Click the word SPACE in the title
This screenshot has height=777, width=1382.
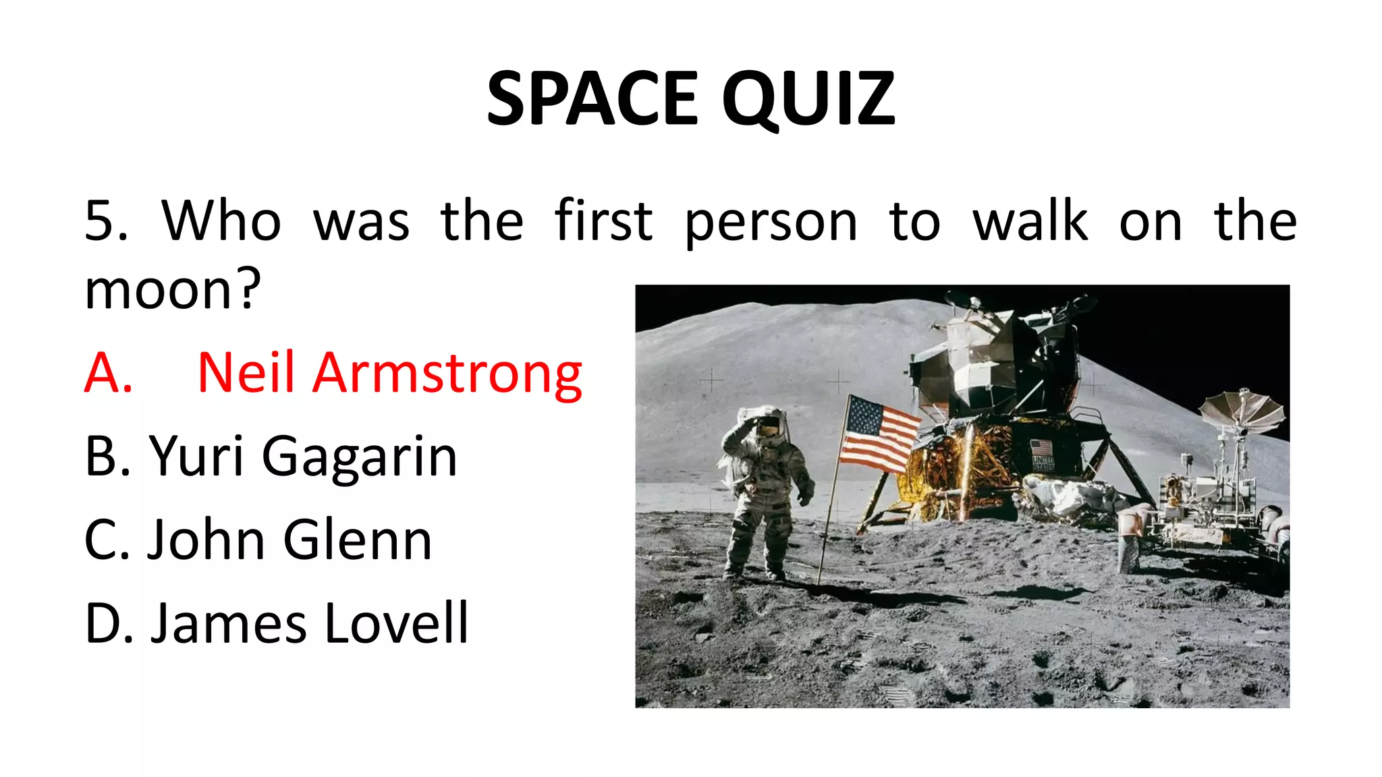(x=591, y=99)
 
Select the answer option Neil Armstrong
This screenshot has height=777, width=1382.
(x=389, y=373)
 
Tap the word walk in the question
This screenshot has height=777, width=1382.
(x=1030, y=221)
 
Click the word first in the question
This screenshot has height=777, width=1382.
(x=603, y=221)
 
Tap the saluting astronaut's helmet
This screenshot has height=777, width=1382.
(x=768, y=426)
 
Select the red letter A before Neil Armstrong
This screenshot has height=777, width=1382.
(x=108, y=373)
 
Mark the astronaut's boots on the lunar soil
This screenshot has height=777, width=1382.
(x=752, y=575)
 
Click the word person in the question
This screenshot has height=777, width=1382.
(x=771, y=221)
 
